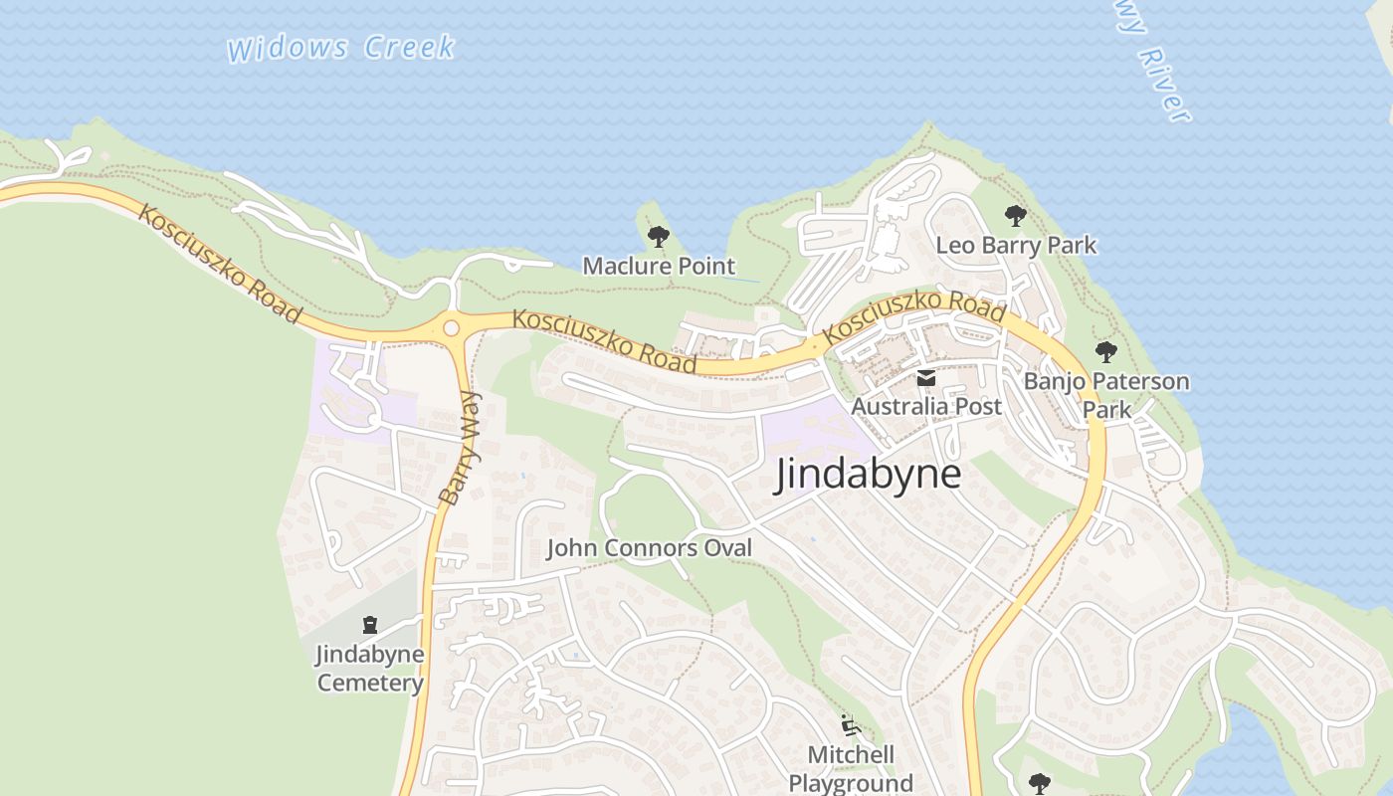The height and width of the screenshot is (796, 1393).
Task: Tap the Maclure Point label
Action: click(659, 266)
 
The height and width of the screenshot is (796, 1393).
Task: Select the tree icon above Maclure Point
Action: click(658, 237)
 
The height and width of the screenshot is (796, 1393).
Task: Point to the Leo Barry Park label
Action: click(1016, 245)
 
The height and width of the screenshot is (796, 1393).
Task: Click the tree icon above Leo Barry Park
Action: click(1015, 215)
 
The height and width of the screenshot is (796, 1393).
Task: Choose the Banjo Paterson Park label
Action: click(1106, 394)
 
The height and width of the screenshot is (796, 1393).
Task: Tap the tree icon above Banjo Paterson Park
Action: click(1105, 352)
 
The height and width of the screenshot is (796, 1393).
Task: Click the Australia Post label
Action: click(926, 406)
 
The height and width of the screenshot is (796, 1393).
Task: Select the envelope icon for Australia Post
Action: click(926, 377)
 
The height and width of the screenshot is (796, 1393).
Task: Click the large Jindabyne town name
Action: click(868, 474)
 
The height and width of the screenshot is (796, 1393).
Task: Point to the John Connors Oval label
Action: click(649, 547)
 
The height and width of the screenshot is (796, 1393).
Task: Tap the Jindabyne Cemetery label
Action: click(370, 669)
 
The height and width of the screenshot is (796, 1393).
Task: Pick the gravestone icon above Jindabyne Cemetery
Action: click(370, 626)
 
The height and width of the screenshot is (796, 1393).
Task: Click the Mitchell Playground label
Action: click(851, 768)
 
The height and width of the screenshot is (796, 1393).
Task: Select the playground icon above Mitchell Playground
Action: click(851, 725)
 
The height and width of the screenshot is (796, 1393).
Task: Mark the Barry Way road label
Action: click(460, 449)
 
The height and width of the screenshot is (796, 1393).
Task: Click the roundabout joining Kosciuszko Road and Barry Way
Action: click(452, 327)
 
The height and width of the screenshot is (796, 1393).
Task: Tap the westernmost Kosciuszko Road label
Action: click(220, 264)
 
